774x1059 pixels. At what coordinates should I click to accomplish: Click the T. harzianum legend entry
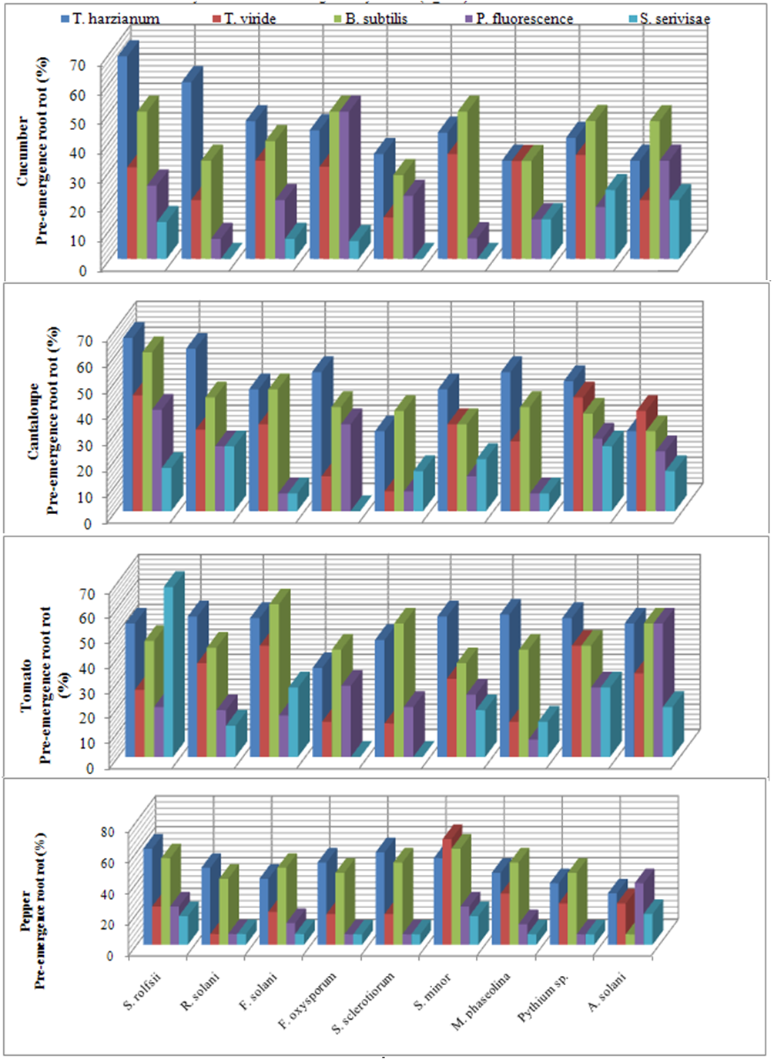tap(116, 18)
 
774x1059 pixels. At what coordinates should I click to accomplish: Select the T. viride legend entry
tap(250, 18)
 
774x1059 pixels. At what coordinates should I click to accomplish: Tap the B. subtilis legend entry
tap(376, 18)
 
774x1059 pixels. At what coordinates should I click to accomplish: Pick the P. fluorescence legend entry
tap(524, 18)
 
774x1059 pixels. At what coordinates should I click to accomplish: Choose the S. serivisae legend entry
tap(674, 18)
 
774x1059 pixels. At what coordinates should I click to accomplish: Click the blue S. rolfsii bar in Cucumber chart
tap(123, 154)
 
